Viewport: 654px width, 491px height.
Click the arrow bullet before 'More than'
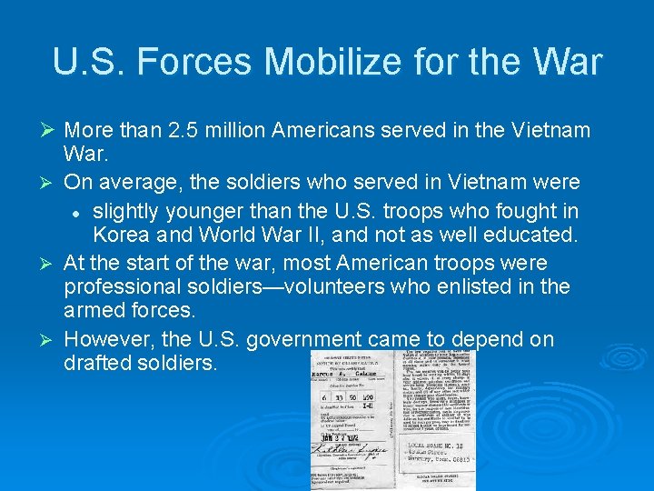pos(51,131)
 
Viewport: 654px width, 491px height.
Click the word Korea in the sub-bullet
pos(124,236)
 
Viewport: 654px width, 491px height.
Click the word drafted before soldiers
pos(96,364)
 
